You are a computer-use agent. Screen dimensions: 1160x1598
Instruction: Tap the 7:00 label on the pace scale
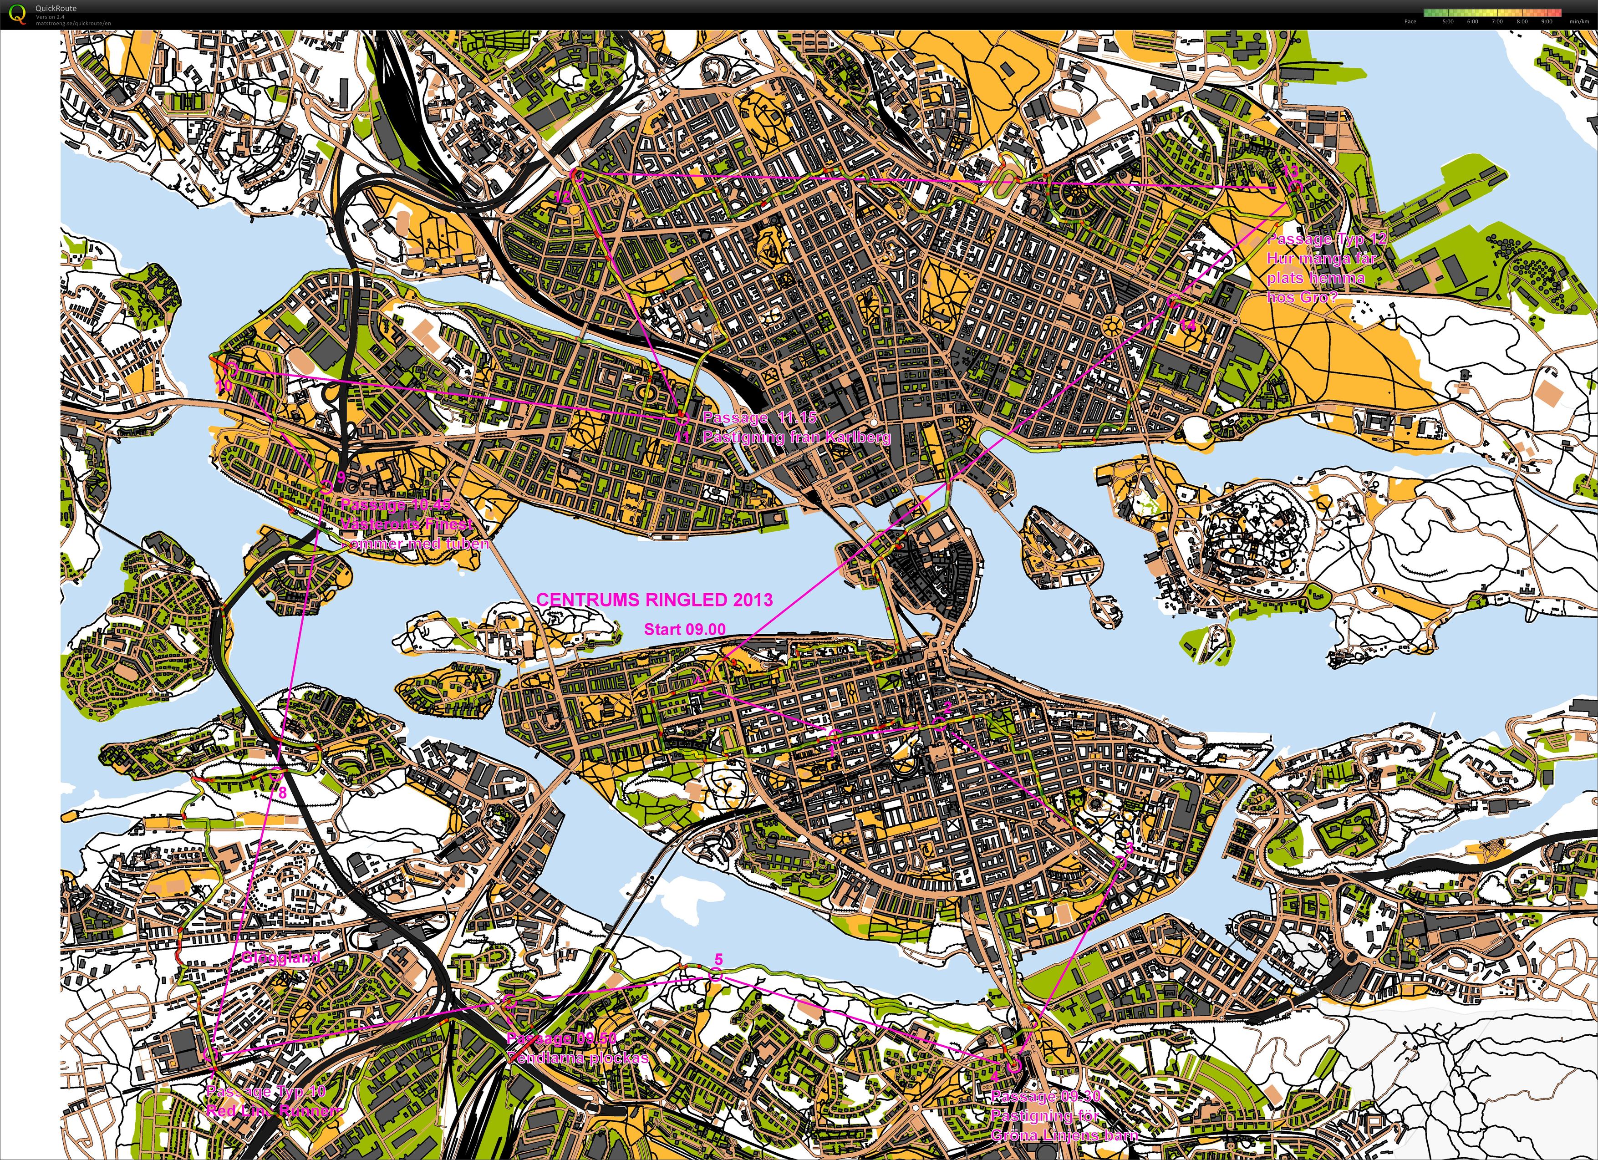click(x=1497, y=21)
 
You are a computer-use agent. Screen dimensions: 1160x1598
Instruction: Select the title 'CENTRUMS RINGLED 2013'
click(x=655, y=600)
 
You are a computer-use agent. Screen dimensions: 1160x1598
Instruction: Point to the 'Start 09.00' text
click(x=684, y=629)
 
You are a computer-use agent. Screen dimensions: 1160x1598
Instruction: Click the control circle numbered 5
click(x=715, y=976)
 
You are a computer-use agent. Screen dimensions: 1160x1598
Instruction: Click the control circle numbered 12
click(x=575, y=175)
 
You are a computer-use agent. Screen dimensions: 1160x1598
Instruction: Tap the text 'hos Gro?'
click(x=1301, y=297)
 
